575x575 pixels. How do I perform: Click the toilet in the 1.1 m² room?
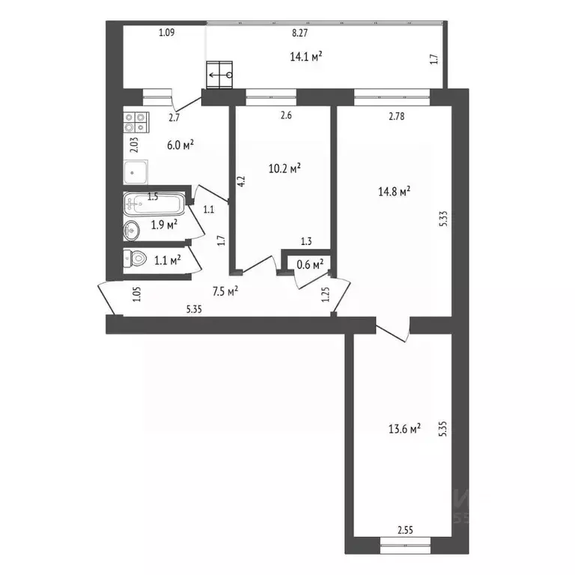point(135,259)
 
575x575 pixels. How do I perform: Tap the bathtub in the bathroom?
point(154,204)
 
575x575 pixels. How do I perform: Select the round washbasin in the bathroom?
point(131,231)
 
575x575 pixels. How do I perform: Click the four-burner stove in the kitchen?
point(136,122)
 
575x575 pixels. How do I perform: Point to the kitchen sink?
point(136,172)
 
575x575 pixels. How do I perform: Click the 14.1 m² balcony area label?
point(306,56)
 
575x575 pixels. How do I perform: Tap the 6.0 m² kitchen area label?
point(180,144)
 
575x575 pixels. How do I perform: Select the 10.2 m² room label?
point(285,168)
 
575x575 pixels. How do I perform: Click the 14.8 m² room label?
point(395,191)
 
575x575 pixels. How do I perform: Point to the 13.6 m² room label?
point(404,428)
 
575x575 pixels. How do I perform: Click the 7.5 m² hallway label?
point(225,291)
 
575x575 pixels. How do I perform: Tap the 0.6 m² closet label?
point(310,264)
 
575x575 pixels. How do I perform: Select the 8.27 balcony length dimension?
point(299,33)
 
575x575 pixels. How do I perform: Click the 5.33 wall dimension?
point(443,219)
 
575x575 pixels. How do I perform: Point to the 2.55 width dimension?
point(405,530)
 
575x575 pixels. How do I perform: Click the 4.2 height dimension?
point(241,181)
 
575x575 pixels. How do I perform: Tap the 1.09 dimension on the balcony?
point(166,33)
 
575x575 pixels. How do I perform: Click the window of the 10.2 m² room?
point(271,97)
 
